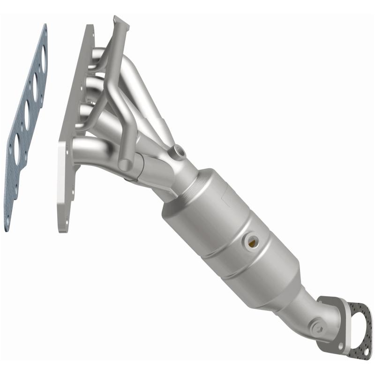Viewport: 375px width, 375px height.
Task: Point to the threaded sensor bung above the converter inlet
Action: (178, 151)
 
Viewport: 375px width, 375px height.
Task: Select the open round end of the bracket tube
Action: (124, 165)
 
